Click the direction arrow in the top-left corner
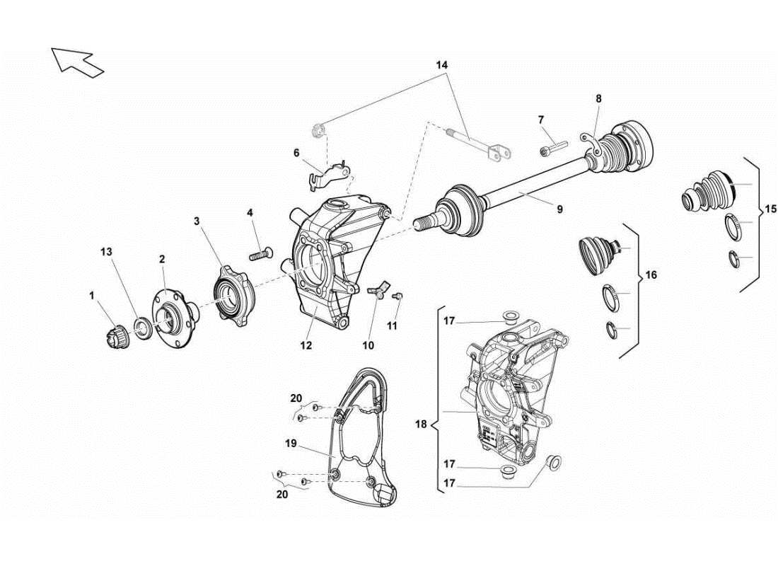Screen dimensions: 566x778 click(x=76, y=60)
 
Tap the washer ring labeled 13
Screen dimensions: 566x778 click(x=141, y=327)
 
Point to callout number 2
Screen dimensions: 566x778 click(x=161, y=260)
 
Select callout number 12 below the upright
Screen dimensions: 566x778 click(x=306, y=346)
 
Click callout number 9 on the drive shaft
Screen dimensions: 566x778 click(x=559, y=209)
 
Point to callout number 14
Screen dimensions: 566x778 click(x=442, y=64)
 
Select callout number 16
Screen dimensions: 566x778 click(x=651, y=275)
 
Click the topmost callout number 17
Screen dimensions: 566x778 click(x=449, y=320)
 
